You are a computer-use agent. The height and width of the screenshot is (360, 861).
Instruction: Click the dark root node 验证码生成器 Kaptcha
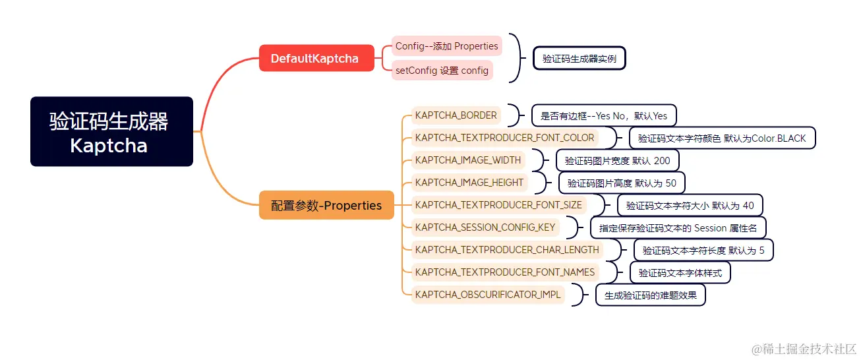(111, 132)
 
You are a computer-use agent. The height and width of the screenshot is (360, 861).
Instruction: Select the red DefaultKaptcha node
(316, 58)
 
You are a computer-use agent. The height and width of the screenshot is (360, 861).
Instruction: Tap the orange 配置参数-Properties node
(326, 205)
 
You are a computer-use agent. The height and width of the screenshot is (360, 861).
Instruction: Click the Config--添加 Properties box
(446, 46)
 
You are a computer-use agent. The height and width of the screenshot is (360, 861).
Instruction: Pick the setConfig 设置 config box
(442, 70)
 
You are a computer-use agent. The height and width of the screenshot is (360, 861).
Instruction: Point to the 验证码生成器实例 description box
(579, 59)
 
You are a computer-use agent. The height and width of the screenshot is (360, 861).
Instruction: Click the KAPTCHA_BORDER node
(456, 115)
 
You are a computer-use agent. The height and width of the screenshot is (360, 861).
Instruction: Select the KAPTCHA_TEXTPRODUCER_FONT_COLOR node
(504, 138)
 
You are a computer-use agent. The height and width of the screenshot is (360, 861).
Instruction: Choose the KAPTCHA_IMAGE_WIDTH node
(468, 160)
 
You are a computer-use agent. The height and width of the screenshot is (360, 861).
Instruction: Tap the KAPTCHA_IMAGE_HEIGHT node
(469, 183)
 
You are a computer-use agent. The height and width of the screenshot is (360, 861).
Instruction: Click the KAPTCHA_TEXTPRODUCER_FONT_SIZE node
(498, 205)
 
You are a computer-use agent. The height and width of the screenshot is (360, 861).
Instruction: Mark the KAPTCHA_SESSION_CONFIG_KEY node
(485, 227)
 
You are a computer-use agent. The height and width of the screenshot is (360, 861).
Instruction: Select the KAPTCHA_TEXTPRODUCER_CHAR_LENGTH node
(507, 250)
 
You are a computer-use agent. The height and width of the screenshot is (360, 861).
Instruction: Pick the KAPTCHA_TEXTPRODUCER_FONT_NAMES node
(505, 272)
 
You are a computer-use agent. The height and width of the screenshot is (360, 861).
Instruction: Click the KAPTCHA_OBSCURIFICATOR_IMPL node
(488, 295)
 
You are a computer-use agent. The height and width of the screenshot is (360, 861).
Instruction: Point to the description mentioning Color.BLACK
(723, 138)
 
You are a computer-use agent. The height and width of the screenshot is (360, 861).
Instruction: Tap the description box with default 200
(617, 161)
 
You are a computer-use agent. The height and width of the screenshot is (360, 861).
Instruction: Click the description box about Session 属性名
(678, 228)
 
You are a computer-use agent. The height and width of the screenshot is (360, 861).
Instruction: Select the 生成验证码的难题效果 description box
(650, 295)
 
